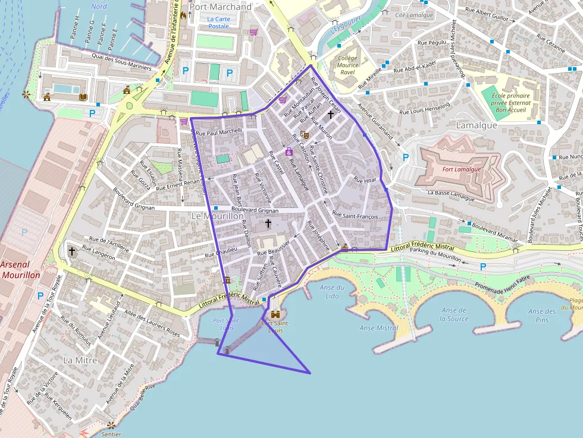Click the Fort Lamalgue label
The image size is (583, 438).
pos(461,169)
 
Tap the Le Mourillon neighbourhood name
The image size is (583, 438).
pos(218,217)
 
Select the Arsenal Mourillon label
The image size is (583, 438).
pos(20,270)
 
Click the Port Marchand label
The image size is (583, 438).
pos(220,7)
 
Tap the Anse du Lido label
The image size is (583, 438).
pos(328,292)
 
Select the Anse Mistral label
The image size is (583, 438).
pos(378,328)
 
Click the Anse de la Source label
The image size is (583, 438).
pos(454,314)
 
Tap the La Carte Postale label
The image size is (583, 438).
pos(218,23)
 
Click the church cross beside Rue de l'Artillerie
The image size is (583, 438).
pos(72,251)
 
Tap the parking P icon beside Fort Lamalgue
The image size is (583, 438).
pos(406,157)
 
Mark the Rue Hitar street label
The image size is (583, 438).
pos(365,179)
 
